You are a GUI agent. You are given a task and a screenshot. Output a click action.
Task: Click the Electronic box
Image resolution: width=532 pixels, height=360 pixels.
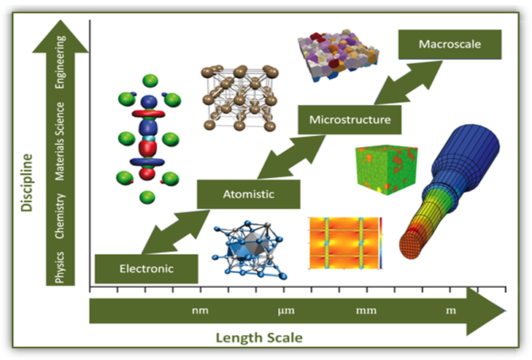point(147,268)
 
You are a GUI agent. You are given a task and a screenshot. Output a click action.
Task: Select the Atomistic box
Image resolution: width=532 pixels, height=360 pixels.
point(248,194)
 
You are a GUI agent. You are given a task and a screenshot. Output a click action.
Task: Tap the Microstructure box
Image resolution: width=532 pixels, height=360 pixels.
point(350,119)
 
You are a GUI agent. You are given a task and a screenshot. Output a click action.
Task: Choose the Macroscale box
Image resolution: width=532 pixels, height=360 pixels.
point(450,45)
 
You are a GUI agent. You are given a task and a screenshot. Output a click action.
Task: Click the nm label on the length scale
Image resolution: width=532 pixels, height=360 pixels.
point(200,312)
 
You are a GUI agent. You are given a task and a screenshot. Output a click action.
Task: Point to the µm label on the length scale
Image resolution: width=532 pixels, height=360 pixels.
point(285,312)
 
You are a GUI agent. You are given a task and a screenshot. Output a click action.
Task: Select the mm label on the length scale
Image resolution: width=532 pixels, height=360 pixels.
point(366,312)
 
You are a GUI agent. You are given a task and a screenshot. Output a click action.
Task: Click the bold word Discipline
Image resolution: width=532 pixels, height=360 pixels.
point(28,183)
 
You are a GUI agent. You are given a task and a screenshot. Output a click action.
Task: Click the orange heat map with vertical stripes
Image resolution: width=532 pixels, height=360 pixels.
point(345,242)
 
